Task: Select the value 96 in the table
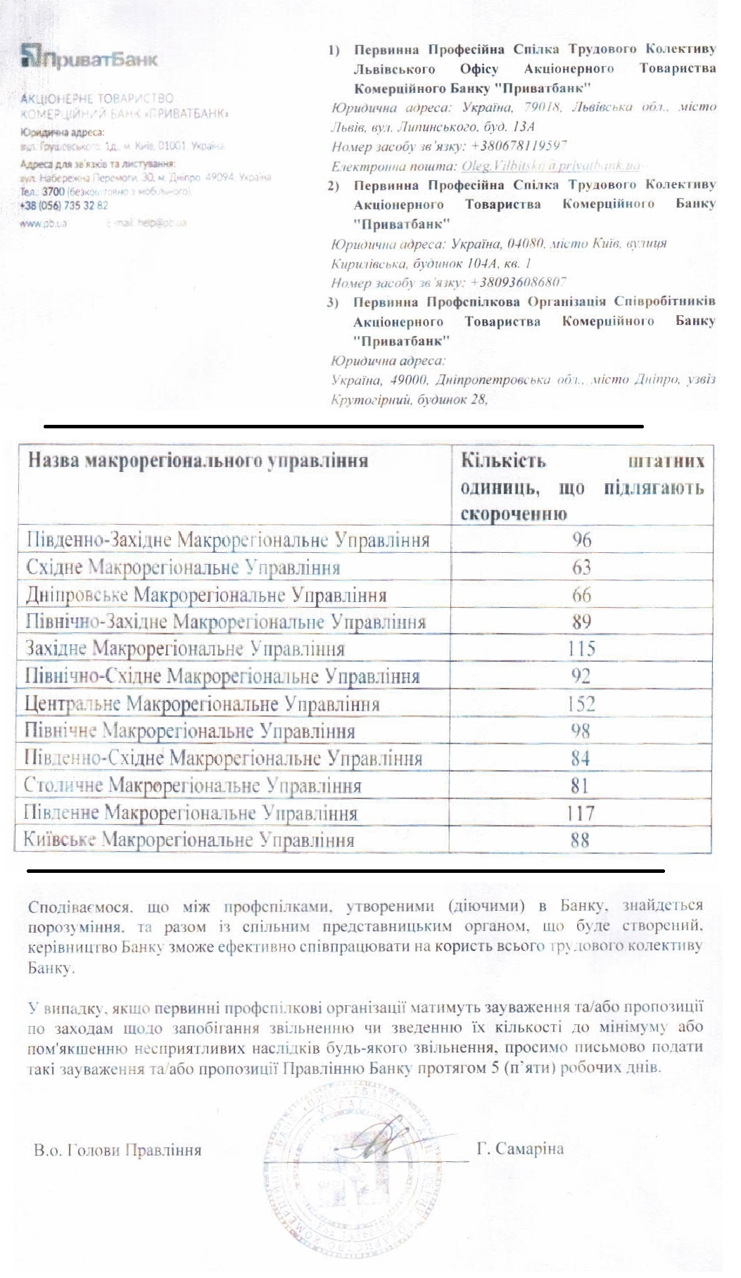tap(581, 540)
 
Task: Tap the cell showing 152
tap(581, 704)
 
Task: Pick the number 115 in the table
tap(581, 648)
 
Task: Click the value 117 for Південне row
tap(581, 814)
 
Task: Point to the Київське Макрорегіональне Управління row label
tap(189, 840)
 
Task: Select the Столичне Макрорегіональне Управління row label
tap(193, 786)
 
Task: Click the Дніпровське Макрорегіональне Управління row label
tap(206, 596)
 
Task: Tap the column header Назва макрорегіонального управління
tap(198, 461)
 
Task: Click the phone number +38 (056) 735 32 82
tap(64, 205)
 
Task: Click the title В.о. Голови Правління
tap(118, 1151)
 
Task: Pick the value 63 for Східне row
tap(581, 568)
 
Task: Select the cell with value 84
tap(581, 759)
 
